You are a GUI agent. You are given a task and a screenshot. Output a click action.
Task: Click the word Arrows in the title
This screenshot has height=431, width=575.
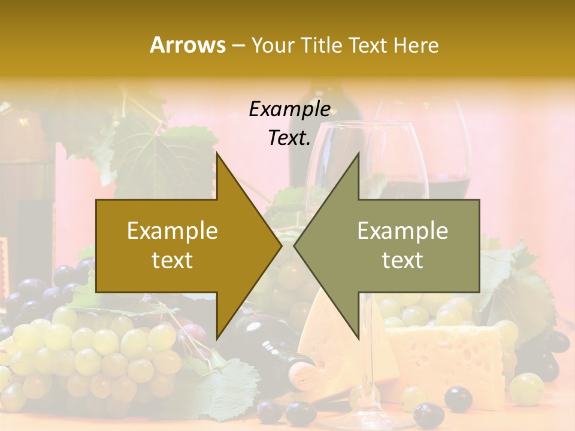tap(187, 45)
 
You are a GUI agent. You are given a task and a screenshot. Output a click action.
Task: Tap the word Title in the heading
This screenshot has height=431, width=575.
tap(319, 45)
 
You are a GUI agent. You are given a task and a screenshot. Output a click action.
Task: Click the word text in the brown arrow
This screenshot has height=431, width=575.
tap(172, 260)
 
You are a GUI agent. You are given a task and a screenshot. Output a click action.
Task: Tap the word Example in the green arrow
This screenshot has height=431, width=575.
tap(402, 231)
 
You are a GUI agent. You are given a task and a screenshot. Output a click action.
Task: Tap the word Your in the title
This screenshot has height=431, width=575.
tap(274, 45)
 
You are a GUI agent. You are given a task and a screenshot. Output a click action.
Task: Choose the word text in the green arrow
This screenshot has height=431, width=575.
tap(402, 260)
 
